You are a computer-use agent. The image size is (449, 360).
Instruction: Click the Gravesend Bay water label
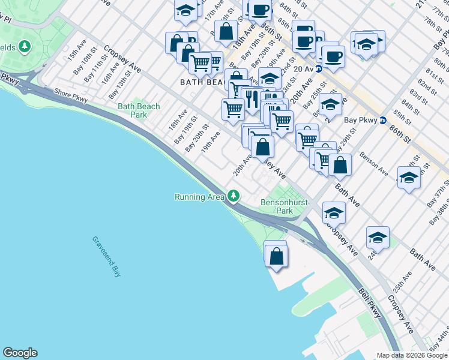(x=107, y=256)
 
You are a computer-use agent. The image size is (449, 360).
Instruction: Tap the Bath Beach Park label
(x=139, y=110)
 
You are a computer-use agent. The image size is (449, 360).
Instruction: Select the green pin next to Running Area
(x=234, y=196)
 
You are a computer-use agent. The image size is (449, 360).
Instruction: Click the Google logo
(x=20, y=353)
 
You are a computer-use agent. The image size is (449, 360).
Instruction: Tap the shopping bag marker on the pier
(x=276, y=256)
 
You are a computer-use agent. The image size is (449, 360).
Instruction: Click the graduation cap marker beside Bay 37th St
(x=409, y=178)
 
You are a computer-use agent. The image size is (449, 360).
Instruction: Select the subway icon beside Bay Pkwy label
(x=382, y=120)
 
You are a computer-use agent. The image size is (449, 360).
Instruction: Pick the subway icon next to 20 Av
(x=319, y=68)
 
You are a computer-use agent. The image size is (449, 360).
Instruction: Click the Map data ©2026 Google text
(x=411, y=355)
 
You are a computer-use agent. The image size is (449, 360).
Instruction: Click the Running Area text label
(x=200, y=197)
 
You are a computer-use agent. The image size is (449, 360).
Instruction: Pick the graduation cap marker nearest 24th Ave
(x=378, y=238)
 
